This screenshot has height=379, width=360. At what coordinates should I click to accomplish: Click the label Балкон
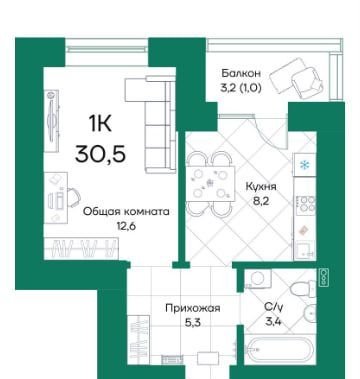point(241,73)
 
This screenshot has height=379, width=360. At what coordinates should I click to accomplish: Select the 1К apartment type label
point(100,124)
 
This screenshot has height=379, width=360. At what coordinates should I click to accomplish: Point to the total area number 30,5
point(100,154)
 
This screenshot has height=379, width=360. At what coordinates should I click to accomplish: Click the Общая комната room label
point(126,212)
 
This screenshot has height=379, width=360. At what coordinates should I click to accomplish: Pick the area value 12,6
point(127,226)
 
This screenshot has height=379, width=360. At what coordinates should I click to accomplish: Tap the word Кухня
point(261,187)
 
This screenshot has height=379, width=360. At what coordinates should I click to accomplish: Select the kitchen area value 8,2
point(261,201)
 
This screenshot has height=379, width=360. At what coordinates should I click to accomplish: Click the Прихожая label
point(193,308)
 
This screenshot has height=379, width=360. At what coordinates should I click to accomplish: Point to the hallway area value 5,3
point(193,323)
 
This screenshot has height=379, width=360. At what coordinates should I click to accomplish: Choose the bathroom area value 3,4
point(273,322)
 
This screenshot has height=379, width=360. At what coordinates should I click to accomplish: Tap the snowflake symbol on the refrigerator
point(304,165)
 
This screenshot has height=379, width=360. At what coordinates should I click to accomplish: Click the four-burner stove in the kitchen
point(306,204)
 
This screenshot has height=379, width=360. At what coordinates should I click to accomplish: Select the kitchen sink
point(304,250)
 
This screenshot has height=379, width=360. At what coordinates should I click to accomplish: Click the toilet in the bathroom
point(303,288)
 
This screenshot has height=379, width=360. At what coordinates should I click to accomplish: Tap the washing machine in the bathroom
point(258,278)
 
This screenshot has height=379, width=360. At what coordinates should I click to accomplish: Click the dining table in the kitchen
point(210,184)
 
